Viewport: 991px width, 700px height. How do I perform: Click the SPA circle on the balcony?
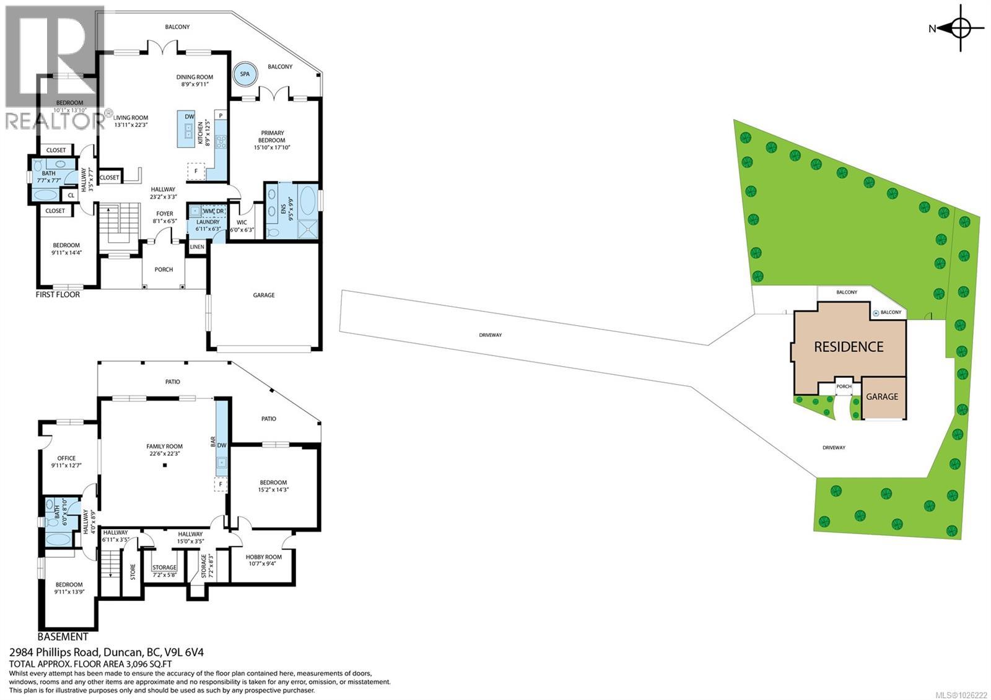click(245, 74)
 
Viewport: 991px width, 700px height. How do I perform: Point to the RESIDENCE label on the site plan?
click(849, 347)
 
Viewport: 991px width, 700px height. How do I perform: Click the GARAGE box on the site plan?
click(882, 396)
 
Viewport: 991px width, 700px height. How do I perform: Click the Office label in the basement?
click(66, 462)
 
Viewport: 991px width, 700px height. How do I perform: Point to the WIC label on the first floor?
click(242, 223)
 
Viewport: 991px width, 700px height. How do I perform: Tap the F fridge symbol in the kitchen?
click(196, 171)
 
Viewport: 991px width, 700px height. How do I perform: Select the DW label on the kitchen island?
click(190, 116)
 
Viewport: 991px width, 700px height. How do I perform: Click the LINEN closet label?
click(197, 247)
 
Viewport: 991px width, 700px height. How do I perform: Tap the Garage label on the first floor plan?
click(264, 295)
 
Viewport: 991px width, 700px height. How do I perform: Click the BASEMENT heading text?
click(63, 637)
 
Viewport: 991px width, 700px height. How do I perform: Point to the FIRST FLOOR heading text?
click(58, 295)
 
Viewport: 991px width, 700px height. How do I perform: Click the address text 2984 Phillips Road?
click(107, 652)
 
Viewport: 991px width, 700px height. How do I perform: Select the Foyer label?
click(164, 217)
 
